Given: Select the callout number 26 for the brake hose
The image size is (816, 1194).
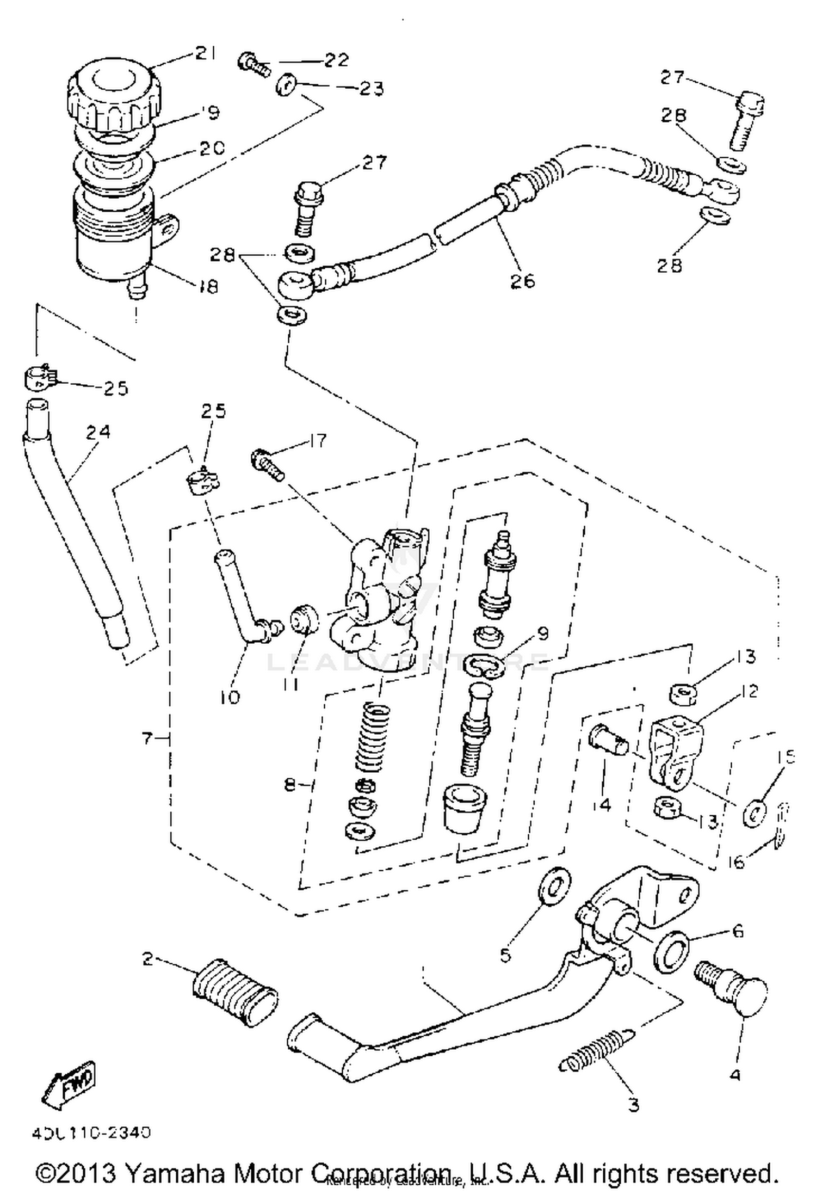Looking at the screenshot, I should [x=522, y=281].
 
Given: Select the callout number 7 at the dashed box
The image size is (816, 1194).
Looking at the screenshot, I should [x=147, y=738].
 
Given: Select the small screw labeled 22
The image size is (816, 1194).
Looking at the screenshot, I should [x=254, y=65].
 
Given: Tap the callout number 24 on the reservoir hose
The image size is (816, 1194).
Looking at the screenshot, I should [x=98, y=432].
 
